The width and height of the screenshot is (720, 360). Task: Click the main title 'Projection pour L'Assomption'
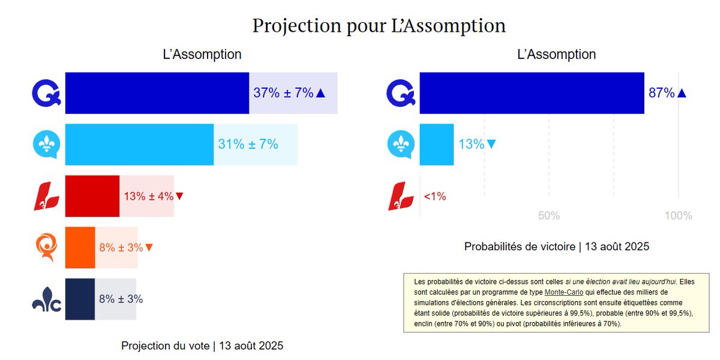[x=379, y=26]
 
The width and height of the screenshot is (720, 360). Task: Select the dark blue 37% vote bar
[x=157, y=93]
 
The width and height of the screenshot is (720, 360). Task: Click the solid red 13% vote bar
[x=92, y=196]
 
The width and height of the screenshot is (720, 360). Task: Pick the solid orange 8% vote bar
[x=80, y=247]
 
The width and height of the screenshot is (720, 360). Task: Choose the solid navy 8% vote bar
[x=80, y=299]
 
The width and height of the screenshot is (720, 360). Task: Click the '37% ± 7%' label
[x=283, y=93]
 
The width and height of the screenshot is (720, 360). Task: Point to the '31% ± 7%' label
[x=248, y=145]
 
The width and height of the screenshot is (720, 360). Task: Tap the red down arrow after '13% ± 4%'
[x=179, y=196]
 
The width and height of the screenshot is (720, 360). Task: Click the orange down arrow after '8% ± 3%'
[x=149, y=247]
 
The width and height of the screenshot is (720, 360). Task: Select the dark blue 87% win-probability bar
[x=532, y=93]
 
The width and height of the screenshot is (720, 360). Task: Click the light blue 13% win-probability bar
[x=436, y=145]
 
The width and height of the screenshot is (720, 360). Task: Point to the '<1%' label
[x=435, y=196]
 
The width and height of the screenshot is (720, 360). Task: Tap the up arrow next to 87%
[x=682, y=93]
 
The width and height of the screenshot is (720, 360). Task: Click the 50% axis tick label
[x=549, y=216]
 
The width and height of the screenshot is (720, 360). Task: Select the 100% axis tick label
[x=679, y=216]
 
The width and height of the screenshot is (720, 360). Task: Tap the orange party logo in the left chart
[x=47, y=247]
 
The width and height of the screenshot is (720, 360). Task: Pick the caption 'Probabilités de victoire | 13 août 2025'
[x=557, y=247]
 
